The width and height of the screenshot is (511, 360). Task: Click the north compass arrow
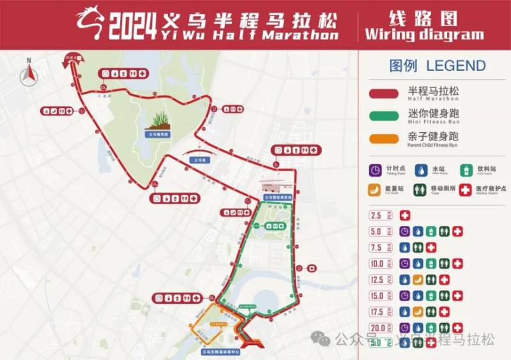[x=29, y=75]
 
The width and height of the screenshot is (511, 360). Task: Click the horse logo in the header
[x=91, y=24]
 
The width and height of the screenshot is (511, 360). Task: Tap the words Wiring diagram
[x=423, y=34]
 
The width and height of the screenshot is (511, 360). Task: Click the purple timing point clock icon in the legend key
[x=376, y=170]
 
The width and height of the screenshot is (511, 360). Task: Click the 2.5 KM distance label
[x=379, y=216]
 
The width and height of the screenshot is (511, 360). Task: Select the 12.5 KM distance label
[x=379, y=280]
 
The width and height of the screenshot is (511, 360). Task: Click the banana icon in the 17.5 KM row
[x=418, y=312]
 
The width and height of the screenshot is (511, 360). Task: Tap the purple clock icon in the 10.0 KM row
[x=404, y=264]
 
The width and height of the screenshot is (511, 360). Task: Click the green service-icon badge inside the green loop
[x=275, y=226]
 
